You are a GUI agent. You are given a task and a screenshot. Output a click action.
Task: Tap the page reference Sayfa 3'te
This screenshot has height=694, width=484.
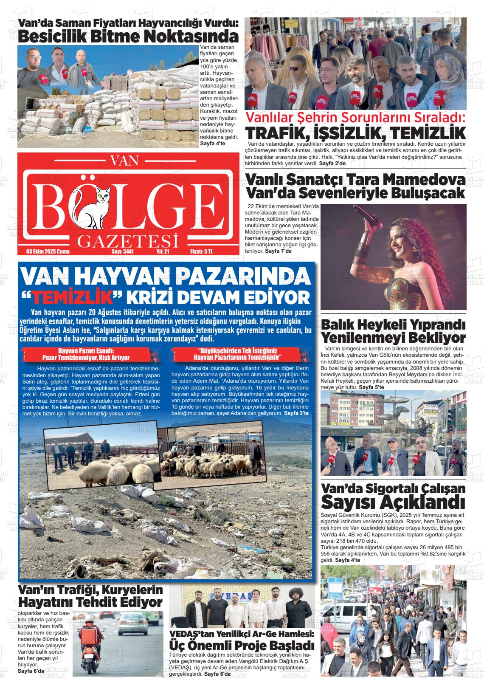coord(297,413)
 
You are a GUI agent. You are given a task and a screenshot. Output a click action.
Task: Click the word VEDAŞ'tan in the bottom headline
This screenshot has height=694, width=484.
coord(193,634)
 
